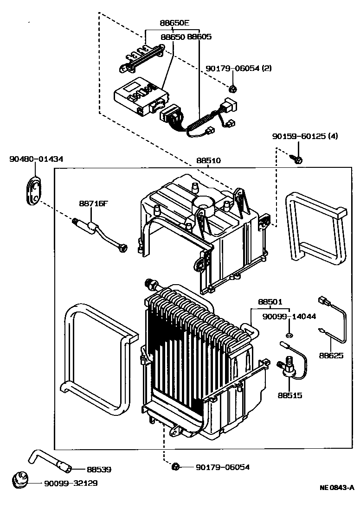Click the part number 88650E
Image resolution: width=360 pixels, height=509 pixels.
(175, 23)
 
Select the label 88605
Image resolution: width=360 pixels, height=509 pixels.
(199, 37)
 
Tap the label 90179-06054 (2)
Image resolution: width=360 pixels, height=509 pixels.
(238, 68)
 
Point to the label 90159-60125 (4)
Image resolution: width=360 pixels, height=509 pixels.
(305, 137)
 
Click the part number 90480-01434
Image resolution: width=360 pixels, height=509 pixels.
(36, 159)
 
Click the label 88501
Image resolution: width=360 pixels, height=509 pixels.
(270, 302)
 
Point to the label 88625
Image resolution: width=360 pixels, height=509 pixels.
(331, 356)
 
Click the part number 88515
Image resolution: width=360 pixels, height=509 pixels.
(290, 395)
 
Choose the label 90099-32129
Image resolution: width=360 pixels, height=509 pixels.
(71, 483)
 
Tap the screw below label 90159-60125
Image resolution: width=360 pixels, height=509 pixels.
(298, 159)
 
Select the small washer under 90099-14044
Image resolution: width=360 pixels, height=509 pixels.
(289, 335)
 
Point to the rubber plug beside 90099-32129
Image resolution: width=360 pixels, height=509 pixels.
(20, 479)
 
